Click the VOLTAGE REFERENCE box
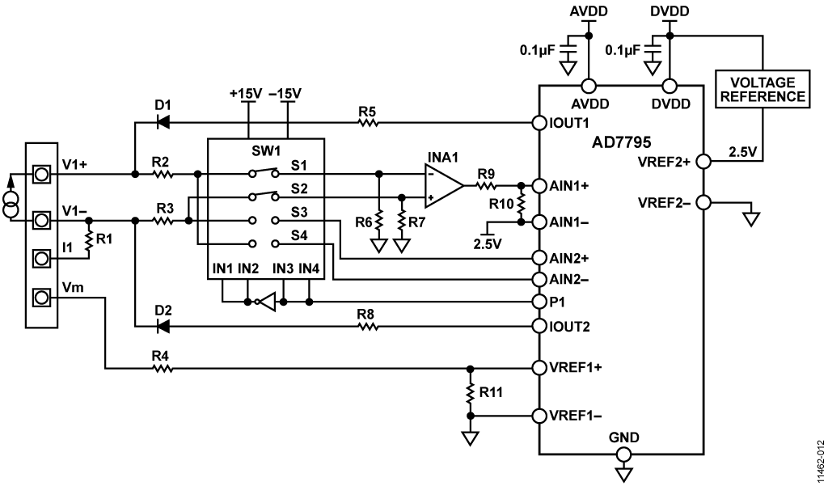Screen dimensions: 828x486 (x=763, y=89)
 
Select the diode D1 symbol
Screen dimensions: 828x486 (x=163, y=123)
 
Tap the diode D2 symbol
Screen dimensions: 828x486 (x=163, y=327)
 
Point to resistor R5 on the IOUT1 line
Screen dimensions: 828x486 (x=368, y=123)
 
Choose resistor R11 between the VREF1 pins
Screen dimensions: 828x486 (x=470, y=392)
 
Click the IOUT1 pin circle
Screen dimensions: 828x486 (x=539, y=123)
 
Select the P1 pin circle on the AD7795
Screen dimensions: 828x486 (x=539, y=302)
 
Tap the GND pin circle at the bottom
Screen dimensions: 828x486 (x=623, y=454)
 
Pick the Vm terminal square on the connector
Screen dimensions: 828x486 (x=41, y=298)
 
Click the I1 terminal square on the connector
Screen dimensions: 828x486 (x=41, y=258)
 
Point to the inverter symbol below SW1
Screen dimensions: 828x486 (x=267, y=302)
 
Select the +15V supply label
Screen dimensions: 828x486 (x=246, y=94)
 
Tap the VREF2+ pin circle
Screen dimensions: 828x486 (x=703, y=161)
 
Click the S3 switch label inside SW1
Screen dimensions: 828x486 (x=299, y=213)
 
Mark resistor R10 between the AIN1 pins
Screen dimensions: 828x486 (x=522, y=204)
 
